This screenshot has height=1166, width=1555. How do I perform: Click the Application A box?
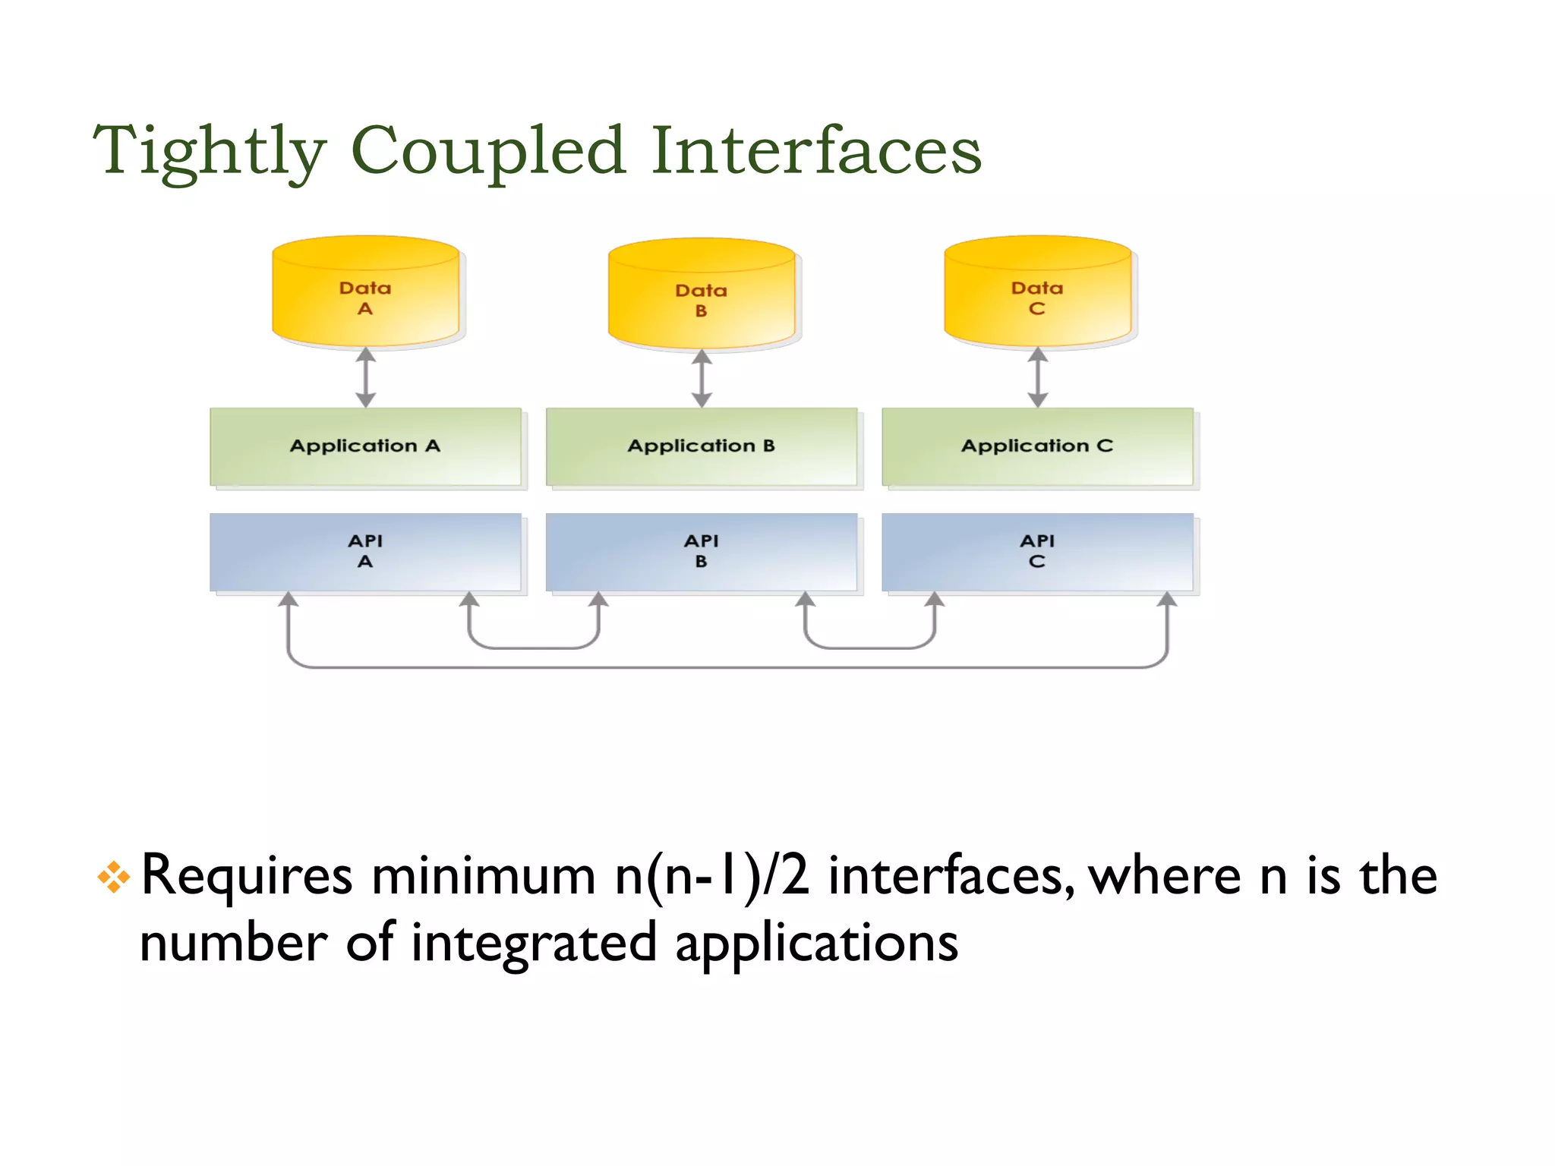tap(365, 446)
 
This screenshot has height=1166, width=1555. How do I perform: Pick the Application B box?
tap(701, 446)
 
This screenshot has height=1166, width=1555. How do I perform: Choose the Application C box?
tap(1037, 446)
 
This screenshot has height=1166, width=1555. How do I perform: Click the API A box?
tap(365, 552)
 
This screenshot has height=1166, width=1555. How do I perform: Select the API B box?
tap(701, 552)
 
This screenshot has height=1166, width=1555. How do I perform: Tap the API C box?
tap(1037, 552)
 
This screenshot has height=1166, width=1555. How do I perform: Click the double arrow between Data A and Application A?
tap(366, 377)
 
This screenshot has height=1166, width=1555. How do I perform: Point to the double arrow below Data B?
tap(702, 378)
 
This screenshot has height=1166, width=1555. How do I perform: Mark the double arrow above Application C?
tap(1038, 377)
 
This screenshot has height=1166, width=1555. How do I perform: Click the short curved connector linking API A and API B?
tap(534, 648)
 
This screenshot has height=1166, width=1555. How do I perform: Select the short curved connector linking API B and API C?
tap(869, 648)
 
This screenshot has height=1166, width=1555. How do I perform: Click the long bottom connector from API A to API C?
tap(727, 667)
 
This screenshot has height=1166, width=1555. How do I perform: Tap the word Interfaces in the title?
tap(816, 150)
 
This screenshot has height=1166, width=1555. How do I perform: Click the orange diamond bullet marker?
tap(114, 878)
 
